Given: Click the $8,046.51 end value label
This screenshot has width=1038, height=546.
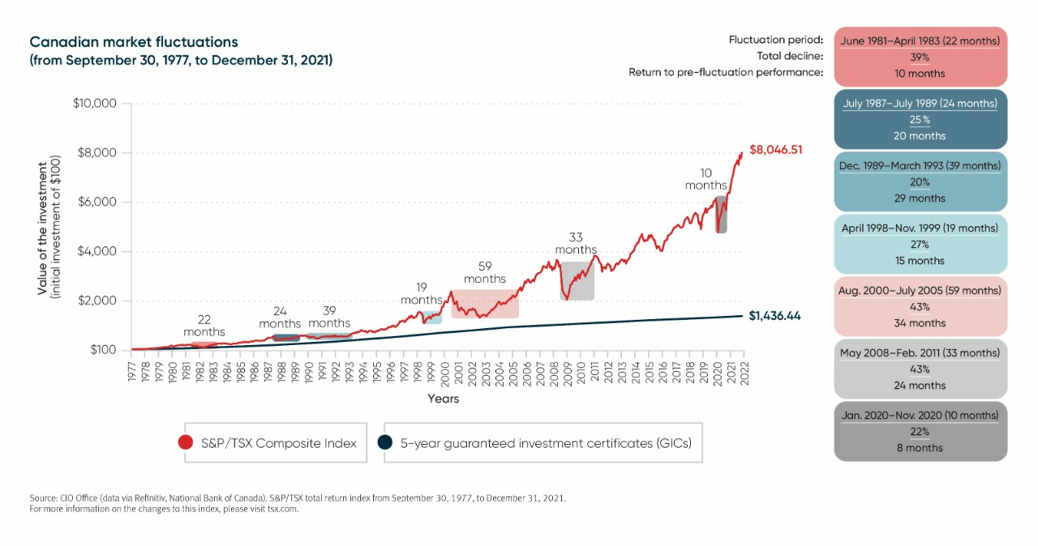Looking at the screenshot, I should pyautogui.click(x=775, y=150).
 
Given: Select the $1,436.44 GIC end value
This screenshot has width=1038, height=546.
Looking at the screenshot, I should pyautogui.click(x=774, y=316).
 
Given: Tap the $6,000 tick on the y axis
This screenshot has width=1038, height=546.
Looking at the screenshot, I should pyautogui.click(x=96, y=203).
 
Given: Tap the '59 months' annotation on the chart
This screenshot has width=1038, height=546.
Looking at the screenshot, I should pyautogui.click(x=485, y=272).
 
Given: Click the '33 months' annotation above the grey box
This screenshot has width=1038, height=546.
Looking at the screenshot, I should pyautogui.click(x=576, y=244).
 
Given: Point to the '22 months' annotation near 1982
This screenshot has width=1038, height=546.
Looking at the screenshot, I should pyautogui.click(x=204, y=326).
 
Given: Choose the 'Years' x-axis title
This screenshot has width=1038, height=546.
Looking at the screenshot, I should pyautogui.click(x=444, y=399).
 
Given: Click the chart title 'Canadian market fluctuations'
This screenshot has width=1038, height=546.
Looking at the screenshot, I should pyautogui.click(x=134, y=42).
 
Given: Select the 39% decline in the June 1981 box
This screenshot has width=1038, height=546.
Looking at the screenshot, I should pyautogui.click(x=920, y=58).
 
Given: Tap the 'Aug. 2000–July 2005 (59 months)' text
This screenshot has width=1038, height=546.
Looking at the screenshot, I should pyautogui.click(x=920, y=291).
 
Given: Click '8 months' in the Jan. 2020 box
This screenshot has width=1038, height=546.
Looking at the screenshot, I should pyautogui.click(x=920, y=448).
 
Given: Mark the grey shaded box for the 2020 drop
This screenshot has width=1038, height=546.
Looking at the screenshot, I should pyautogui.click(x=721, y=215).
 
